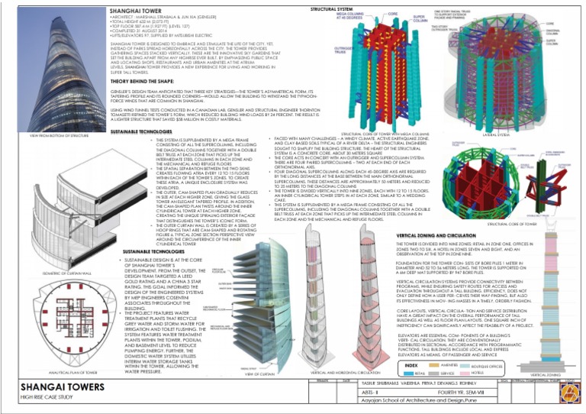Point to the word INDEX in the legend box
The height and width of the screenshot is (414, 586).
[411, 364]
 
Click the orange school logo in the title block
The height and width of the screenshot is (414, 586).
[568, 394]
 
